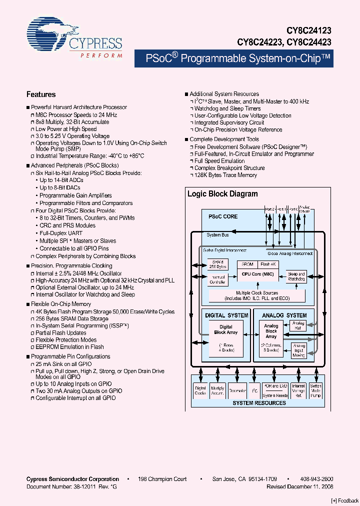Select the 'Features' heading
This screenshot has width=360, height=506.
point(41,94)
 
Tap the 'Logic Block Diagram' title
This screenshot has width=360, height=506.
point(222,194)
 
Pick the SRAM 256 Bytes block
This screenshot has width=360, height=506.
point(218,264)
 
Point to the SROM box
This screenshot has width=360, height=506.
point(247,264)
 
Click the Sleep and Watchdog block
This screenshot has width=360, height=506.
point(295,276)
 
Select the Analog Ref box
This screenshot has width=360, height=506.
point(298,325)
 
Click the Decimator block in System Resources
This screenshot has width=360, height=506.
point(237,391)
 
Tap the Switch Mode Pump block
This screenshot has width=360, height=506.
point(315,390)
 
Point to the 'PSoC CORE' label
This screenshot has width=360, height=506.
point(223,216)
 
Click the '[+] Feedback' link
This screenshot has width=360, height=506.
point(344,500)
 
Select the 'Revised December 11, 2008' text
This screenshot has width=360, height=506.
point(300,486)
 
